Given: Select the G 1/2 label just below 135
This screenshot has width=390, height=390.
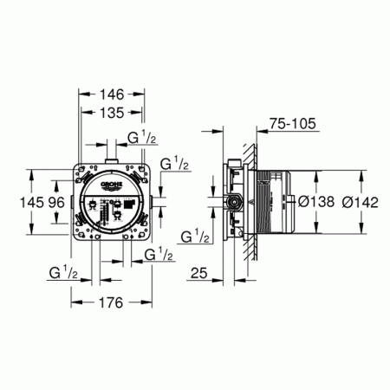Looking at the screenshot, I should (x=142, y=137).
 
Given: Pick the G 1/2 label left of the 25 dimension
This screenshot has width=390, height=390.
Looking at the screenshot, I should (x=193, y=237).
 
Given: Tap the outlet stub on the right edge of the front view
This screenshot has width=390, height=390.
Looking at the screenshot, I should (x=153, y=203).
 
